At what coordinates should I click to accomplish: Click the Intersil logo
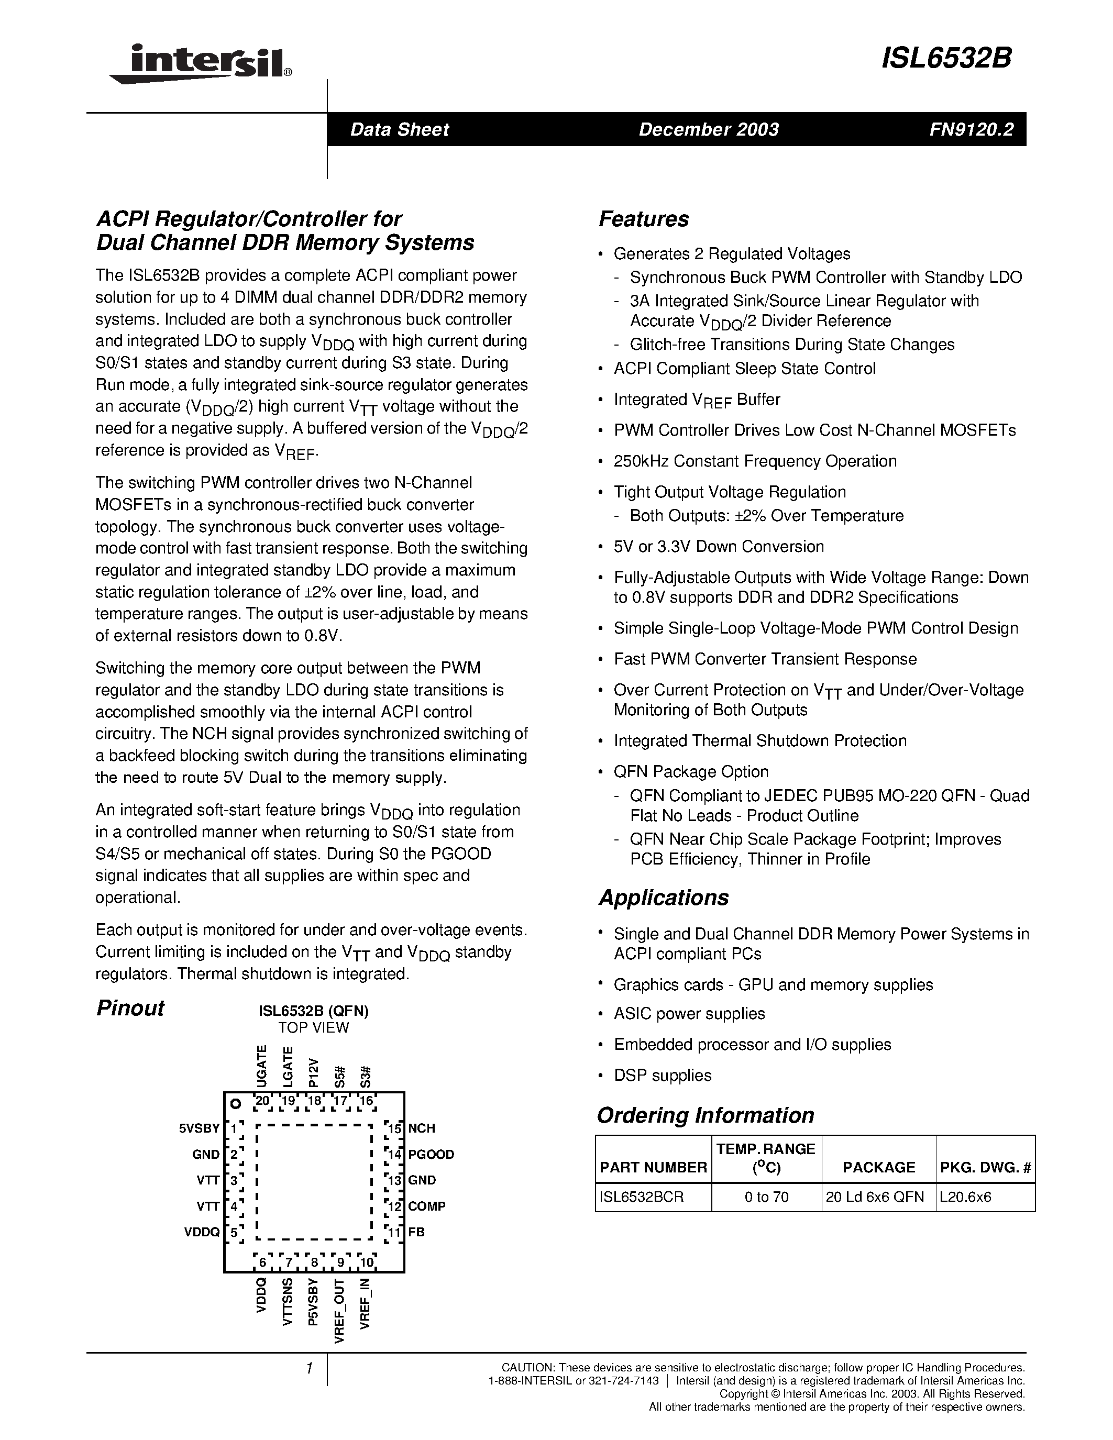(x=201, y=64)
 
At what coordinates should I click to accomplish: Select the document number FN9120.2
(x=971, y=129)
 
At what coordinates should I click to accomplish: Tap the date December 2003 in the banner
(x=708, y=129)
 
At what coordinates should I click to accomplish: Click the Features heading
(x=644, y=219)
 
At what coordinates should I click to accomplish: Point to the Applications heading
(x=663, y=898)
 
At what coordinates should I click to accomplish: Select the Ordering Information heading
(x=706, y=1115)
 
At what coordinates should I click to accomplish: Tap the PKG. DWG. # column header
(x=985, y=1167)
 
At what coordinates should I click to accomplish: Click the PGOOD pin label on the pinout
(x=431, y=1155)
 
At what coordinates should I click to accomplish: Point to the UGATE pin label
(x=262, y=1066)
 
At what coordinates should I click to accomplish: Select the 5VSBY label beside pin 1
(x=199, y=1128)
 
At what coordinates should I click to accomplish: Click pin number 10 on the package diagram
(x=367, y=1262)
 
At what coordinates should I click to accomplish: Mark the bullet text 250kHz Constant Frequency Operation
(x=755, y=461)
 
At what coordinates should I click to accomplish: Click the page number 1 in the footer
(x=308, y=1369)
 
